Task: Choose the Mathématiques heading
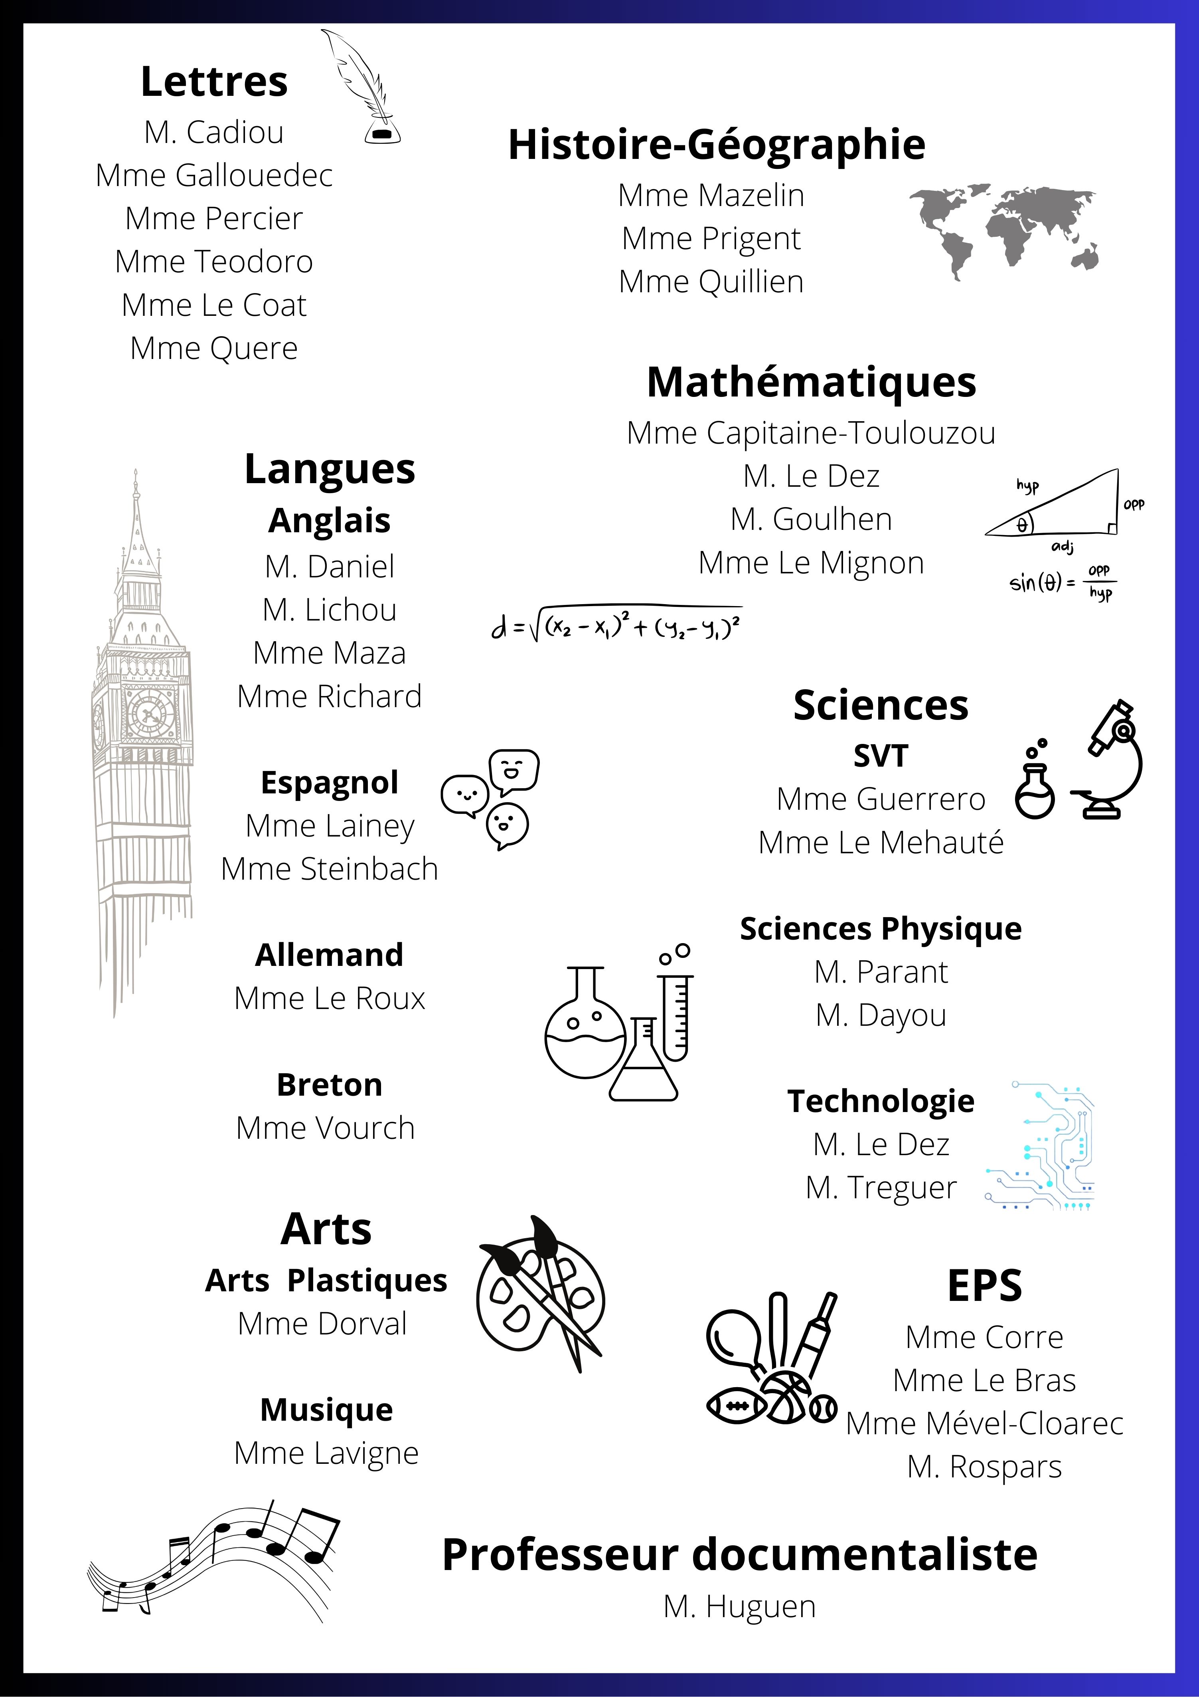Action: (x=811, y=383)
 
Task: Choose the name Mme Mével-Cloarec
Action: (x=984, y=1423)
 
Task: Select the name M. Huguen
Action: (x=739, y=1606)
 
